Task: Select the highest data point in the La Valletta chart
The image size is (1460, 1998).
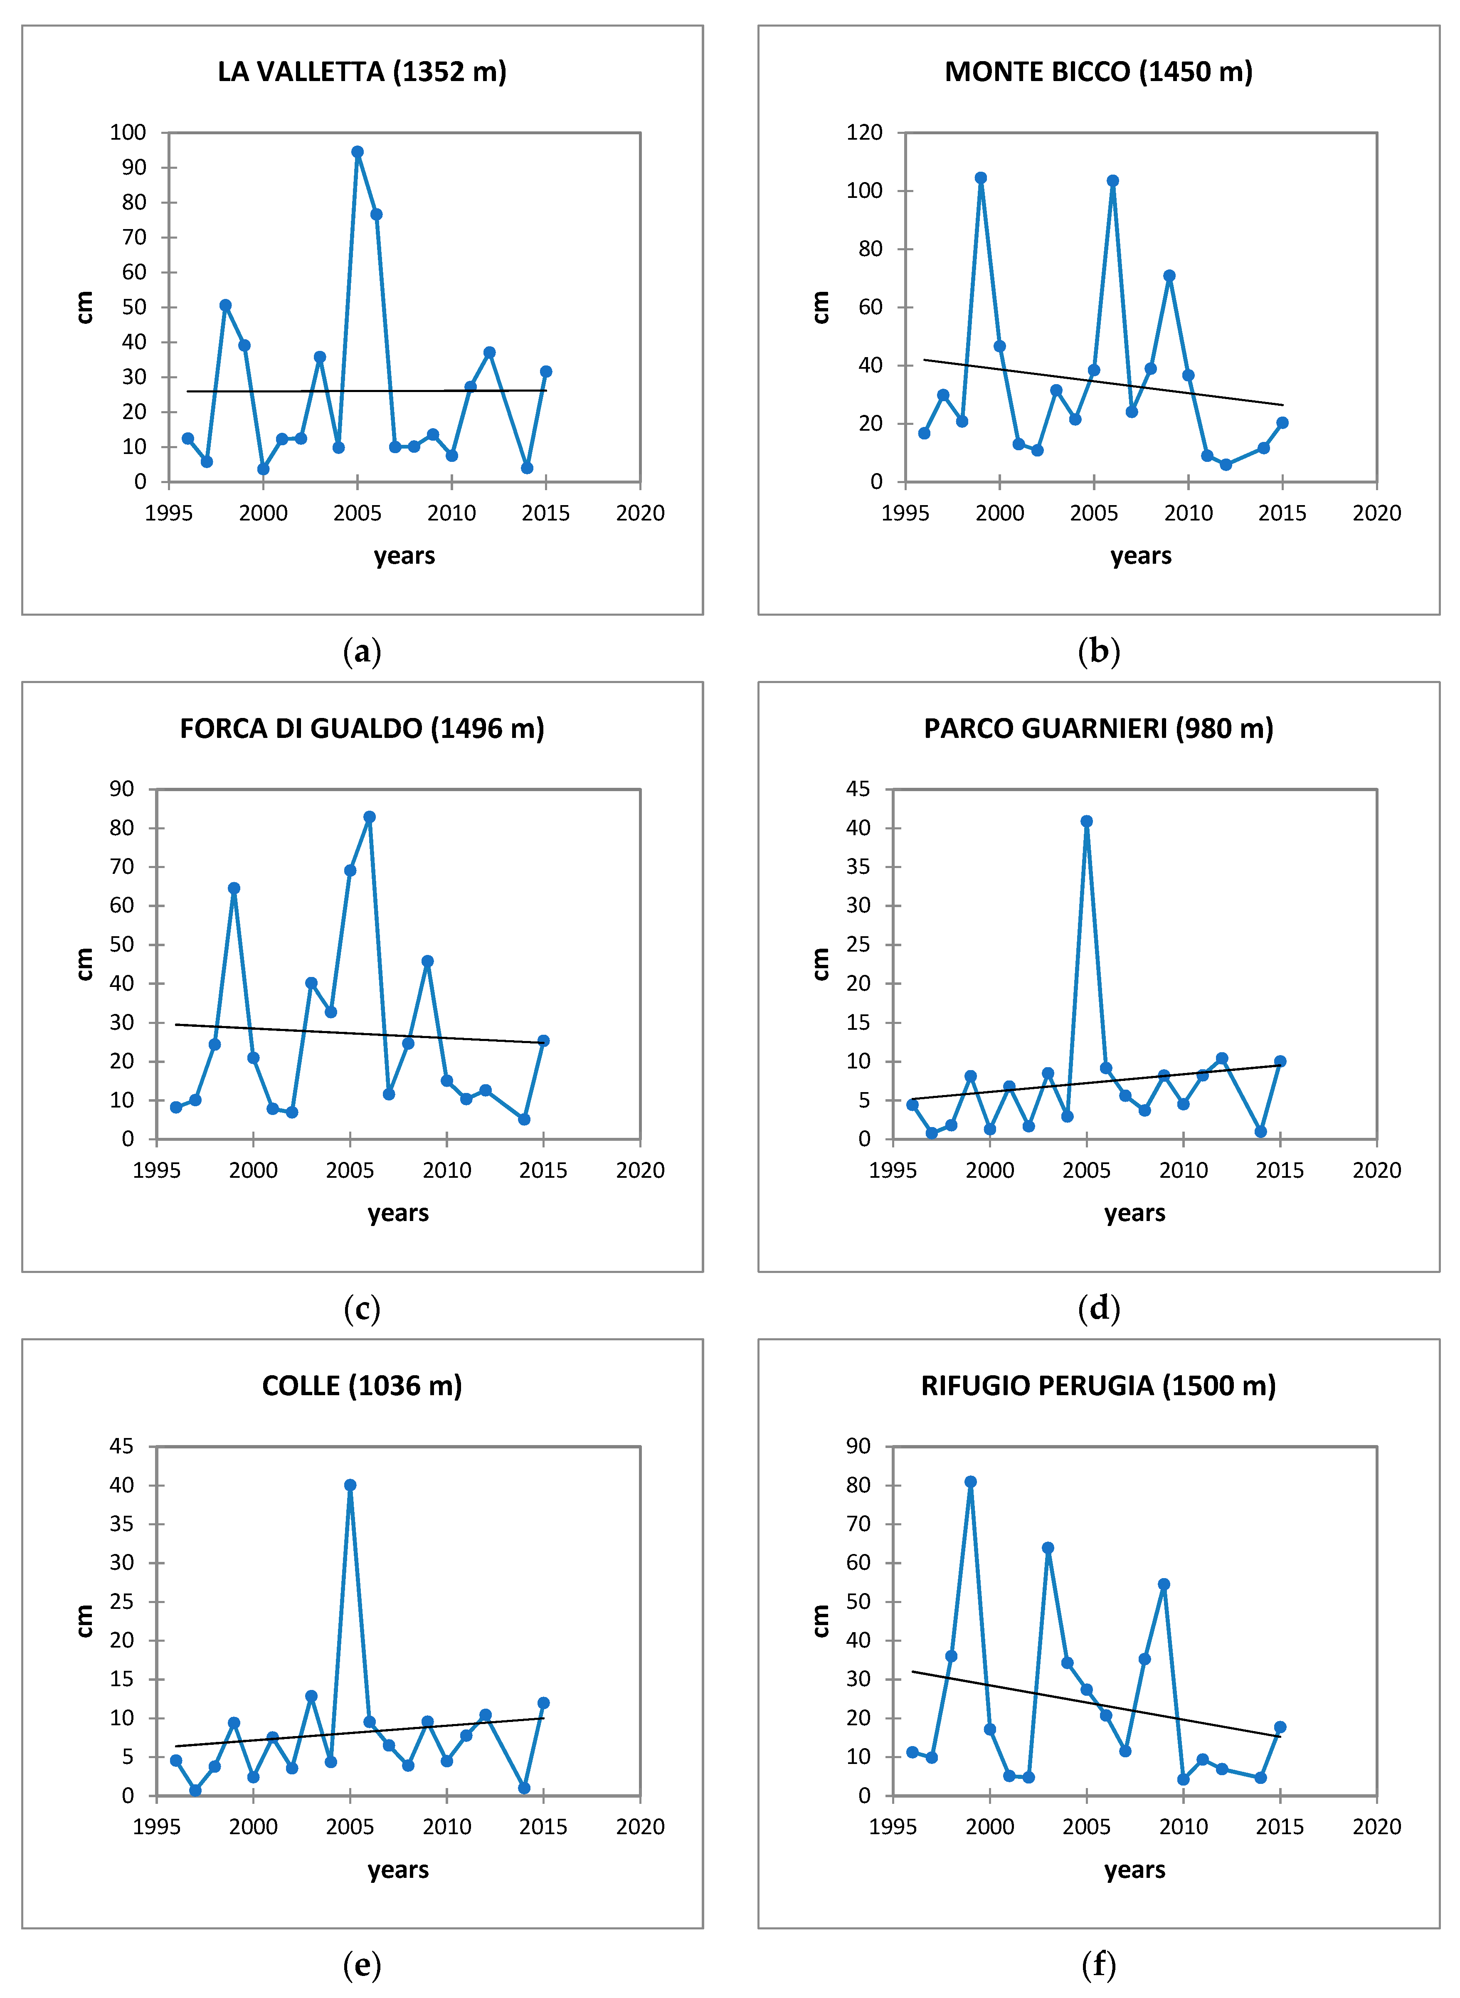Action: [x=357, y=152]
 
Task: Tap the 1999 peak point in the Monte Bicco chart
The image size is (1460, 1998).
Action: [x=980, y=178]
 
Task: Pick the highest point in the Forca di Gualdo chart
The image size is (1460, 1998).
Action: [x=370, y=817]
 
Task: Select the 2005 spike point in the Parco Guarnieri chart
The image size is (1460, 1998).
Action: [x=1086, y=821]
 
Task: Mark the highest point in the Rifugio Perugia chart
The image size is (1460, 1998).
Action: [x=970, y=1482]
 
